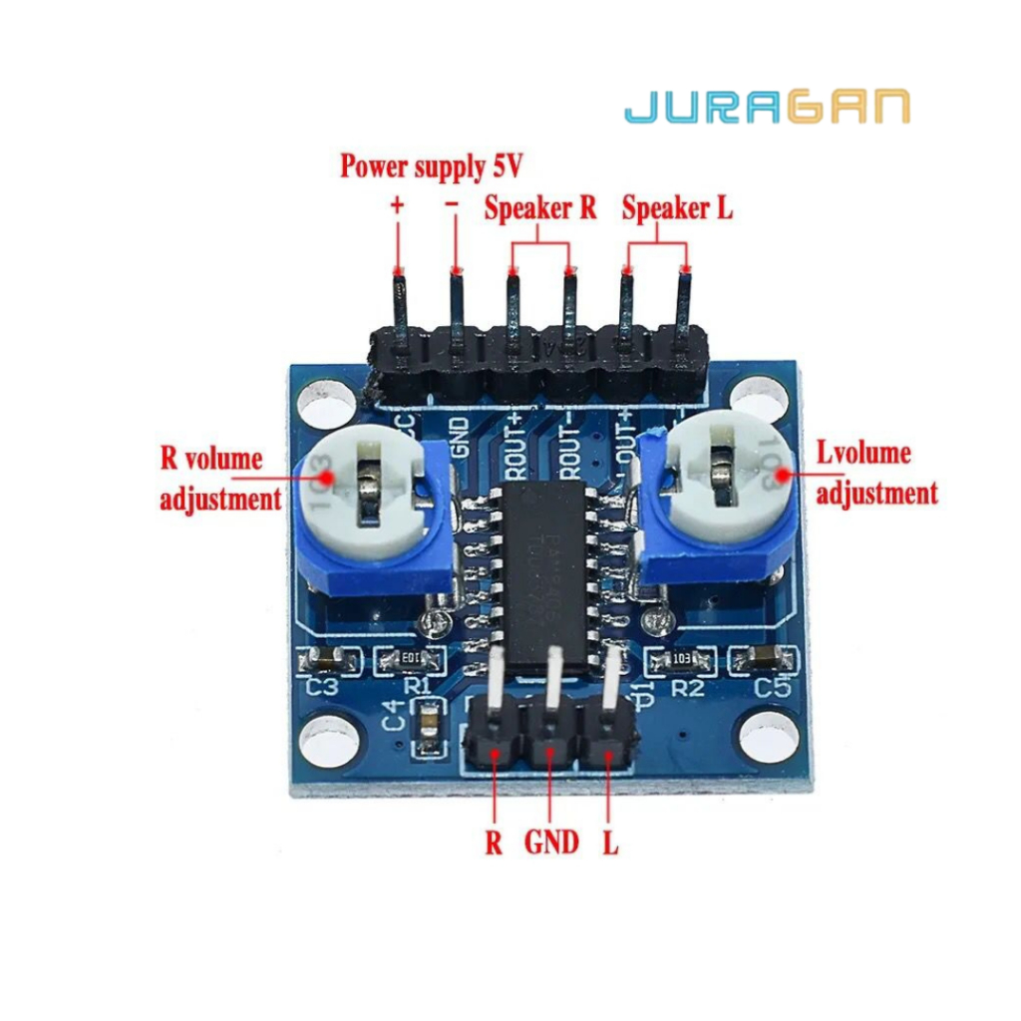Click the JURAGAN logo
767,107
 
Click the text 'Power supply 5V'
431,165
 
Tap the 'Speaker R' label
539,208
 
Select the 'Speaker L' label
677,208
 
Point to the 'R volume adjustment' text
219,479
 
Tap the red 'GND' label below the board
551,843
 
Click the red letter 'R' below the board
494,844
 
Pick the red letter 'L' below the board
610,844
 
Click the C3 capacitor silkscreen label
323,687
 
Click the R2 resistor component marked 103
681,659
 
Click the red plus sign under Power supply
398,206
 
